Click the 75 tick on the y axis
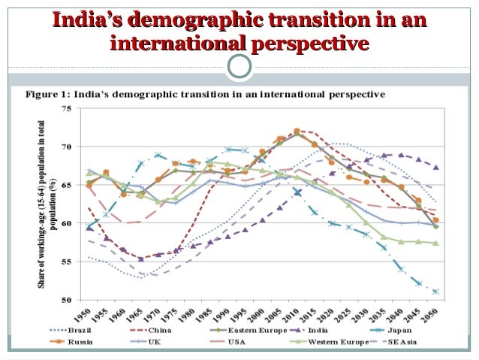[x=68, y=108]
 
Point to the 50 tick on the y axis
[x=68, y=300]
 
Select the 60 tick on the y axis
[x=68, y=223]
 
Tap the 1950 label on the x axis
[x=89, y=310]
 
